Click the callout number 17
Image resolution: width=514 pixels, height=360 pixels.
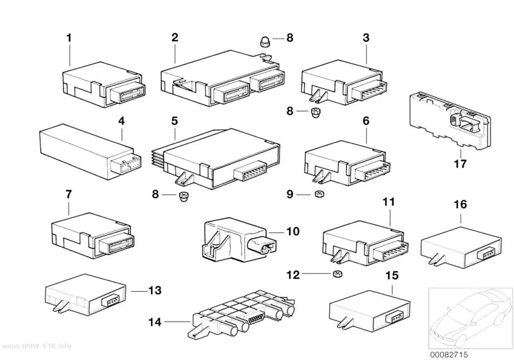click(460, 163)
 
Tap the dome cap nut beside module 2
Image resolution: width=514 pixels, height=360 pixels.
click(264, 42)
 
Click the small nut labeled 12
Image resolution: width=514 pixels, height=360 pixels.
click(337, 273)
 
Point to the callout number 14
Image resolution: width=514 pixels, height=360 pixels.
click(155, 322)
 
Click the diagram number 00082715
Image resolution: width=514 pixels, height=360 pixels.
click(449, 355)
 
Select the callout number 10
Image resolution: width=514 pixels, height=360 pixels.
click(293, 232)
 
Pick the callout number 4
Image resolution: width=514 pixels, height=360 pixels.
click(121, 121)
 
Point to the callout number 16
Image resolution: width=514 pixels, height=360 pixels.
click(460, 204)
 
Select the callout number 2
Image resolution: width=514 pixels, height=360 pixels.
click(175, 37)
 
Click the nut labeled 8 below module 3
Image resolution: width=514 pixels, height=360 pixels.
click(315, 113)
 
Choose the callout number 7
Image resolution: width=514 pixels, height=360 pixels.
click(69, 194)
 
